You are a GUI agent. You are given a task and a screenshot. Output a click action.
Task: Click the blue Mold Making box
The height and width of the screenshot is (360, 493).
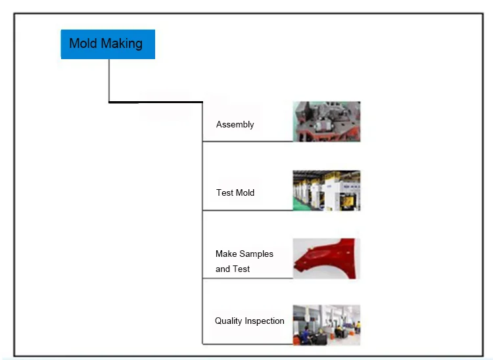pyautogui.click(x=108, y=44)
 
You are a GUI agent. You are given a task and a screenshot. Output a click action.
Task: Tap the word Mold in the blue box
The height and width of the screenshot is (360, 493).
pyautogui.click(x=83, y=44)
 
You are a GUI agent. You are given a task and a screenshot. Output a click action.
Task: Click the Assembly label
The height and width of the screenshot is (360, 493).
pyautogui.click(x=235, y=124)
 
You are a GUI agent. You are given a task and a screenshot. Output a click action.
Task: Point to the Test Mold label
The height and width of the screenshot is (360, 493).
pyautogui.click(x=235, y=192)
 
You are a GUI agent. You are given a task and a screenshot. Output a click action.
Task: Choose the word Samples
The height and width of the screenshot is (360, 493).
pyautogui.click(x=256, y=254)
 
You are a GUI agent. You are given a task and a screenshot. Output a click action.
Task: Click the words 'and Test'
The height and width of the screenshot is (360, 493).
pyautogui.click(x=233, y=269)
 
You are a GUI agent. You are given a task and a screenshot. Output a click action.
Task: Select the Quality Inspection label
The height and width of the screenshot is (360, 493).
pyautogui.click(x=249, y=321)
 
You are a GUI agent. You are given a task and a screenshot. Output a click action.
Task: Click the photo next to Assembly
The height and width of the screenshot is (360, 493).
pyautogui.click(x=326, y=122)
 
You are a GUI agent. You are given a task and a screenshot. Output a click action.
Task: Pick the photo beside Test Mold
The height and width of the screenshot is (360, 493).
pyautogui.click(x=326, y=191)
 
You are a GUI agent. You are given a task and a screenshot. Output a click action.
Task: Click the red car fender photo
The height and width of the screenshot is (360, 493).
pyautogui.click(x=326, y=258)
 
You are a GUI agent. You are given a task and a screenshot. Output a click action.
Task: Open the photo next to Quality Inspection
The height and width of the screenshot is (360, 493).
pyautogui.click(x=326, y=325)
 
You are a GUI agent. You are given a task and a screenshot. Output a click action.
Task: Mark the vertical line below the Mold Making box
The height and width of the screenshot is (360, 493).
pyautogui.click(x=108, y=80)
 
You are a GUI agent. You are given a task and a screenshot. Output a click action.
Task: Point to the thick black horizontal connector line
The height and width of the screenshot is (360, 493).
pyautogui.click(x=155, y=102)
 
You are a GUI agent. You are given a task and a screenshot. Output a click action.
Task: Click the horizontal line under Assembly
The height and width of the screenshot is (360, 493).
pyautogui.click(x=247, y=141)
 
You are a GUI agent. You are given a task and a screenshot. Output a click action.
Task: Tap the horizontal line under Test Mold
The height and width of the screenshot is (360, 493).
pyautogui.click(x=247, y=210)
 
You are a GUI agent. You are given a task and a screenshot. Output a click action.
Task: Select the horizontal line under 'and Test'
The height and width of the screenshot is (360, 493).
pyautogui.click(x=247, y=278)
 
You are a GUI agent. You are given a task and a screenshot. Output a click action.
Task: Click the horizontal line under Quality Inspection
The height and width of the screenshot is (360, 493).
pyautogui.click(x=247, y=344)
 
